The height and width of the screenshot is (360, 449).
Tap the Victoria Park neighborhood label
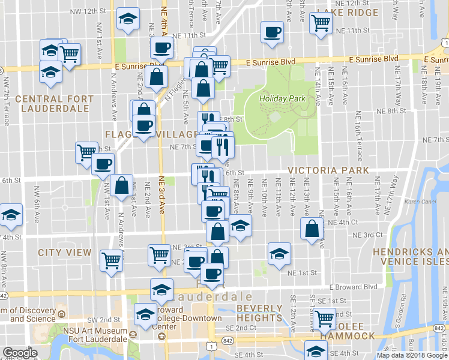[x=328, y=170]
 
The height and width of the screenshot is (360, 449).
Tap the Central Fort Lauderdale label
[x=55, y=104]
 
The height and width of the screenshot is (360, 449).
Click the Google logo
[x=20, y=353]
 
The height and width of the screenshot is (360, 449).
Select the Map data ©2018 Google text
[x=412, y=355]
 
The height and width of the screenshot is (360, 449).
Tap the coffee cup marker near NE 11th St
[x=272, y=31]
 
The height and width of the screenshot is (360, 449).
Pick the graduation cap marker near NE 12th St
[x=128, y=18]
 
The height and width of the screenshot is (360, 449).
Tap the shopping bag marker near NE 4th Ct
[x=312, y=229]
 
